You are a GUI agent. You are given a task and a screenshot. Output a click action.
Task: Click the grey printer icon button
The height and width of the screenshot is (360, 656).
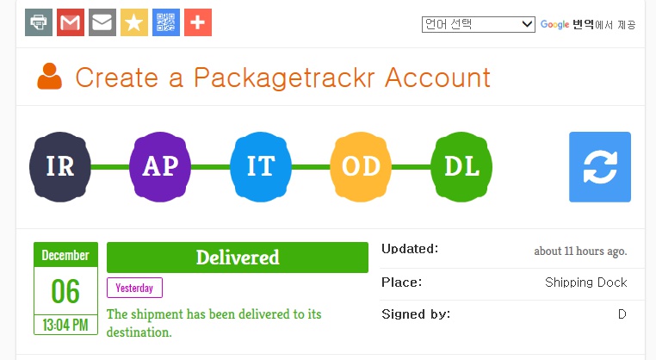coord(39,22)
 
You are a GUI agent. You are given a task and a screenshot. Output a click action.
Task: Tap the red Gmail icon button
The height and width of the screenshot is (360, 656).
coord(71,22)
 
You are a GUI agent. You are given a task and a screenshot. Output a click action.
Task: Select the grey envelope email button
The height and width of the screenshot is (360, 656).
coord(102,22)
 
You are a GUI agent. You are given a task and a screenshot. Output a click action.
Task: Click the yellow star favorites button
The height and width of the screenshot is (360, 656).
coord(134,22)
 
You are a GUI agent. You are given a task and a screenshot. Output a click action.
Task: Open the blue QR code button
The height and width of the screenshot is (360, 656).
coord(166,22)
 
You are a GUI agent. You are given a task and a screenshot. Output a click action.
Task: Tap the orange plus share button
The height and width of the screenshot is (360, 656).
coord(198,22)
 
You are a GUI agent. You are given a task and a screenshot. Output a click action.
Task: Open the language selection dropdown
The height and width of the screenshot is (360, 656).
coord(479,24)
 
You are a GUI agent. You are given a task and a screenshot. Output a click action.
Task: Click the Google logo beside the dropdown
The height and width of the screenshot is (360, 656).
coord(555,25)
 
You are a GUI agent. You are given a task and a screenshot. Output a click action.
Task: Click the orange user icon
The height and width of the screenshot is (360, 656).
coord(50,78)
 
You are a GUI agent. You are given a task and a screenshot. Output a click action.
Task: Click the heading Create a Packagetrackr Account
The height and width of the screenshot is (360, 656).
coord(282,78)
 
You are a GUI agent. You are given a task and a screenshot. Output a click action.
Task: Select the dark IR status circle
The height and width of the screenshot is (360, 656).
coord(60,166)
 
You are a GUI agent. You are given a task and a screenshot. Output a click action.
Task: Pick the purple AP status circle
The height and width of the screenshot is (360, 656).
coord(160,166)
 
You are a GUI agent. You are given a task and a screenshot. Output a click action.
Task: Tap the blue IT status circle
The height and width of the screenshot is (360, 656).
coord(261,166)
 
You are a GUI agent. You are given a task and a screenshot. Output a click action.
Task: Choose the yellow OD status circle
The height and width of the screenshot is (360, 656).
coord(362,166)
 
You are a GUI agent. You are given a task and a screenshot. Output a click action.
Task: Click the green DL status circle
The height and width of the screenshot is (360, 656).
coord(461,166)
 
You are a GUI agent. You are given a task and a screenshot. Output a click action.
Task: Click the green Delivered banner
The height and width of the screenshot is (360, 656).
coord(238,258)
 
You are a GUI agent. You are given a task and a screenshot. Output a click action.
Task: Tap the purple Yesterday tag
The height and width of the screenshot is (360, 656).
coord(134,288)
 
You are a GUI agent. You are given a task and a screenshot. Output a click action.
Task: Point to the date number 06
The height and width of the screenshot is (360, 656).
coord(65,292)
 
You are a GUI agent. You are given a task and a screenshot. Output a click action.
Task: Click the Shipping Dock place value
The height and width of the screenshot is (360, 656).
coord(585,282)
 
